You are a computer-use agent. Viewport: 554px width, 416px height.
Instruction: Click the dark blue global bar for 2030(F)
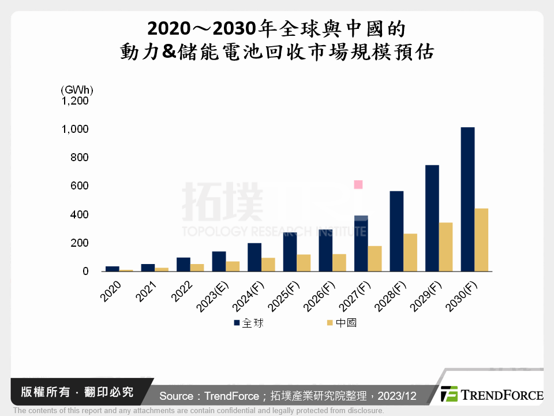467,199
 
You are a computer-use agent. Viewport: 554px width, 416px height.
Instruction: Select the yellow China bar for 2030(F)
481,240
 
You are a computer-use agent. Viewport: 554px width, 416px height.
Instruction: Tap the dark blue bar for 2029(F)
432,218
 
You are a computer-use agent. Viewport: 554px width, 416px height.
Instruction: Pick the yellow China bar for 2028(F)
410,252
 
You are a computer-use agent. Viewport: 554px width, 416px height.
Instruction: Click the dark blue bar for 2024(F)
254,257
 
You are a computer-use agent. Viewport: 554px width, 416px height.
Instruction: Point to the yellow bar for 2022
197,268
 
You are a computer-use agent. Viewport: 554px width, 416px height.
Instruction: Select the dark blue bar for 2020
113,269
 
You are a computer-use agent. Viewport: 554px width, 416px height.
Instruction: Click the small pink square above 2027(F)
358,185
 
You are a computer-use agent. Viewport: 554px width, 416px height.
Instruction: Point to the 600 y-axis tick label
80,185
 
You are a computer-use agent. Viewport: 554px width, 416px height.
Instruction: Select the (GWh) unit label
76,90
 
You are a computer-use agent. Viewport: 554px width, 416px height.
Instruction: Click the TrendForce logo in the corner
492,395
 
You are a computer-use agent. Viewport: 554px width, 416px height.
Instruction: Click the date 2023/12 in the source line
398,396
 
